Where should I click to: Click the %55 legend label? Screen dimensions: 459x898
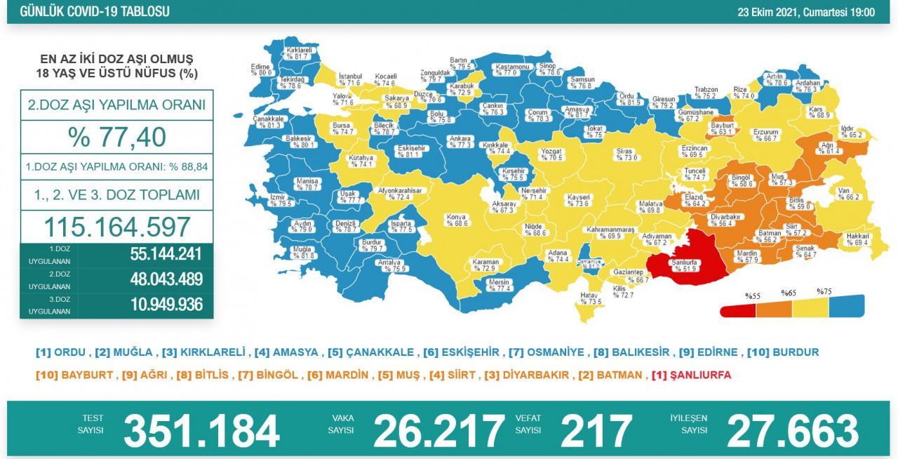click(x=753, y=296)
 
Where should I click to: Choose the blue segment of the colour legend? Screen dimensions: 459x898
click(x=846, y=306)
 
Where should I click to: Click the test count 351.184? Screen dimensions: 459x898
click(x=201, y=430)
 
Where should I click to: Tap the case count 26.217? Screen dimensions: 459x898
click(x=438, y=430)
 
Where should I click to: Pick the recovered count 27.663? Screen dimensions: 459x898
click(x=793, y=430)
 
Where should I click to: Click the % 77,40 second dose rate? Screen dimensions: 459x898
click(x=116, y=137)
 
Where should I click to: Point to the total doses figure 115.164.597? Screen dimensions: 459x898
click(x=116, y=227)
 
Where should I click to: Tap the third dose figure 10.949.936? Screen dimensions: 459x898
click(x=166, y=305)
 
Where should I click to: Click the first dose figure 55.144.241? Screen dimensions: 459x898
click(x=166, y=253)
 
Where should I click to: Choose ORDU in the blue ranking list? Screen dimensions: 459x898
click(x=68, y=352)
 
